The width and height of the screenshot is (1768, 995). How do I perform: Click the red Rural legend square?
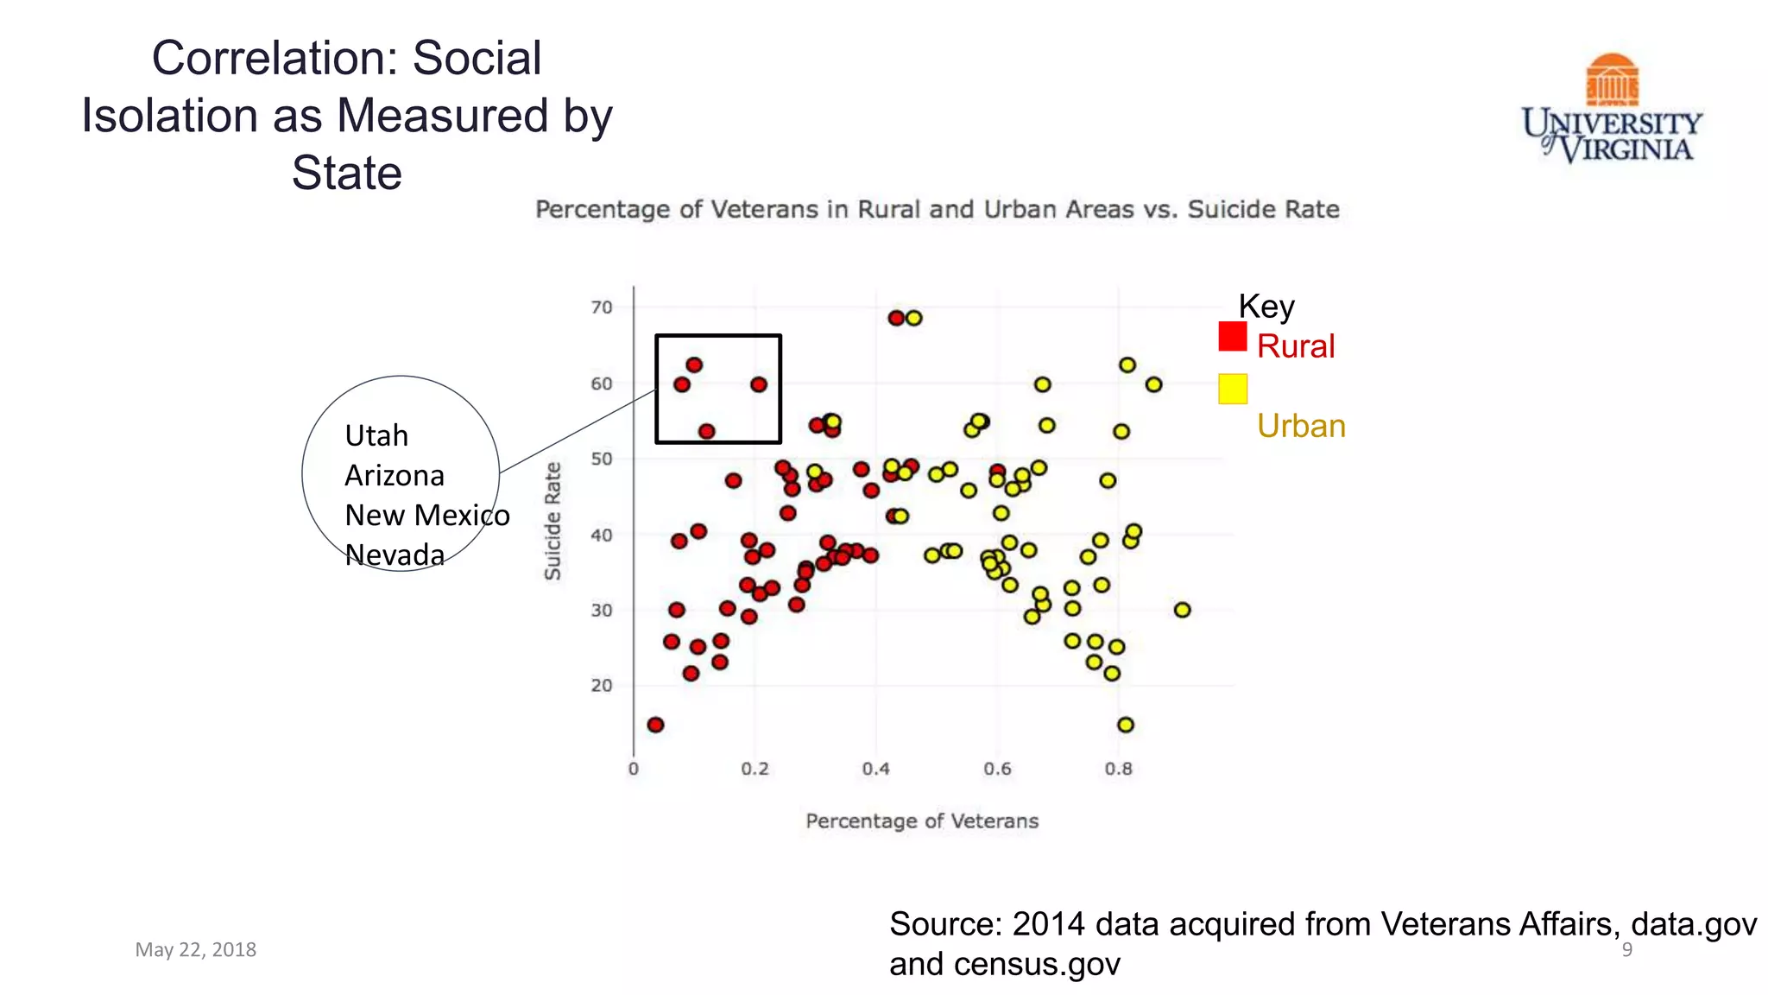[1232, 336]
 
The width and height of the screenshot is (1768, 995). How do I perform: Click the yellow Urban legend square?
[1232, 389]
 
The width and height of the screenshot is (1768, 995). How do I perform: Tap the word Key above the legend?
[1266, 307]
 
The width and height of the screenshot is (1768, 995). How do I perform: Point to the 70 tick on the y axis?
[602, 307]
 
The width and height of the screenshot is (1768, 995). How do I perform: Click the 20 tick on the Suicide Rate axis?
[602, 686]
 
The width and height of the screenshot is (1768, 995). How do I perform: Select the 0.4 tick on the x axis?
[875, 769]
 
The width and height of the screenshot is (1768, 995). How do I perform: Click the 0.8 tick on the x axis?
[1118, 769]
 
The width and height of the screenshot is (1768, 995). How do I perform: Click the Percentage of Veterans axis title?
[921, 821]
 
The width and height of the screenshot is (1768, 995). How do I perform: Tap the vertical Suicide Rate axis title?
[552, 521]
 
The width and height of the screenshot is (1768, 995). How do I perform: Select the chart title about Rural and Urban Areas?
[937, 210]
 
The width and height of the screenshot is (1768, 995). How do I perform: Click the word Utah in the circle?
[376, 435]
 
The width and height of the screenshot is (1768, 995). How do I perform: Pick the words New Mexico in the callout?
[426, 516]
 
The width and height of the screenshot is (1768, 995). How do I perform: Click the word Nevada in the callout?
[395, 555]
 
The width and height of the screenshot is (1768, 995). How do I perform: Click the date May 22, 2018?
[196, 949]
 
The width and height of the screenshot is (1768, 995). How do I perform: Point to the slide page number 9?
[1626, 950]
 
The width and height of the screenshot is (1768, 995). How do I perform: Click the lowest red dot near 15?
[655, 725]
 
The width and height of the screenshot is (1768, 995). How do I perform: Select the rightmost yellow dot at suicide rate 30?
[1182, 610]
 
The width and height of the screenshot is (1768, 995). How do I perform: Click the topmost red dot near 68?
[896, 318]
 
